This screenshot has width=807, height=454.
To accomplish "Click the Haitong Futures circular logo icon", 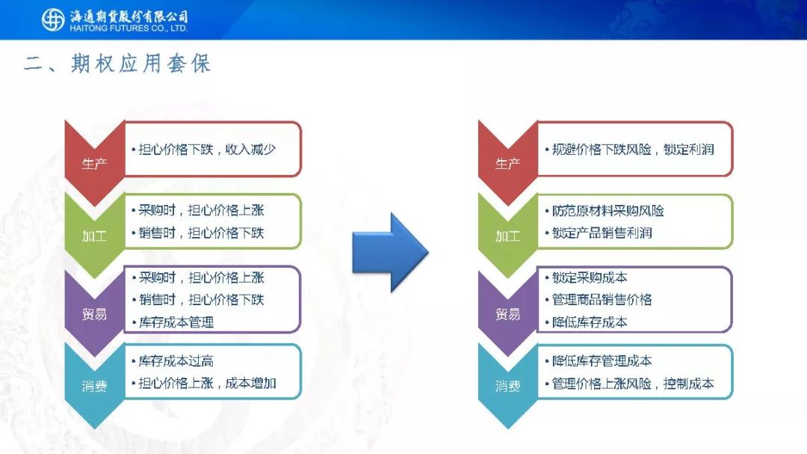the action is pos(53,19).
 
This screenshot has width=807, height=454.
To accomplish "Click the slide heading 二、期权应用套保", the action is pos(118,64).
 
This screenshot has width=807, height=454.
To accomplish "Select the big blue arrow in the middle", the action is pos(390,253).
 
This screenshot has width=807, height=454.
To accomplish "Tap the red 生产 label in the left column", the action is pos(94,164).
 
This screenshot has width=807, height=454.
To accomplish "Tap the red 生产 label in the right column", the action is pos(508,164).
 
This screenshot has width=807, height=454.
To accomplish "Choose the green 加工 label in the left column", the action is pos(94,236).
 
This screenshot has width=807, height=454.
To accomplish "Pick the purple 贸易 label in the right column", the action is pos(508,314).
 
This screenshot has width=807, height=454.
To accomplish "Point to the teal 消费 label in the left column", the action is pos(94,386).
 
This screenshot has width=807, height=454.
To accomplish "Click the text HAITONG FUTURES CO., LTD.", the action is pos(129,28).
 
